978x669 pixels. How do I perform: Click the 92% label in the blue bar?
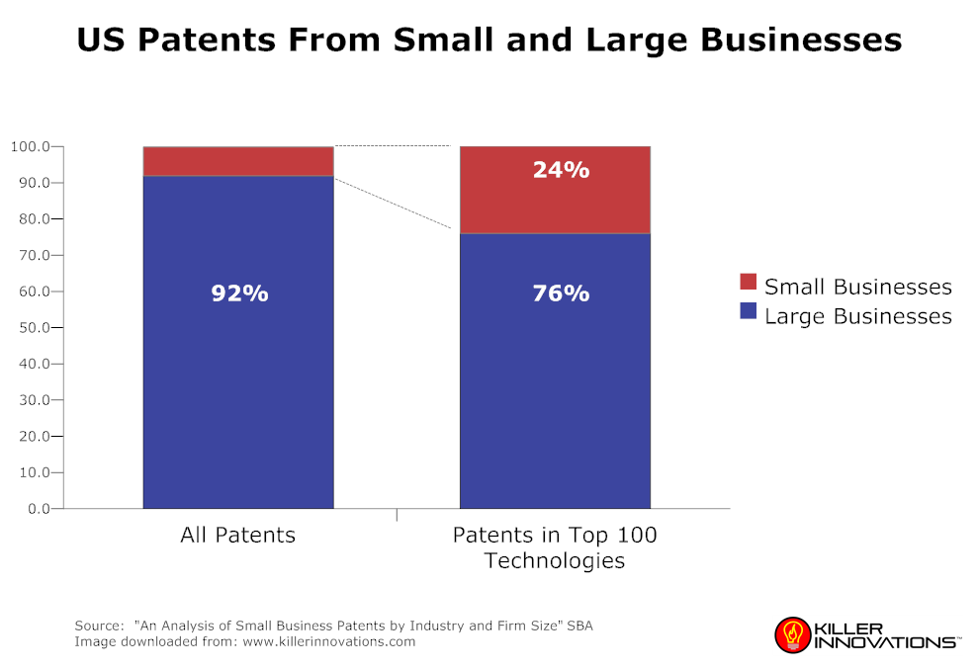tap(239, 293)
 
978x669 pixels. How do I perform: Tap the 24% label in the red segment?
tap(561, 170)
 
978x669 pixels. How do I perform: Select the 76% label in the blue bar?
tap(561, 293)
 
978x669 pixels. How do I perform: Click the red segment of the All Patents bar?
tap(238, 161)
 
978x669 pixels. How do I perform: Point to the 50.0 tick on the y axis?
tap(35, 327)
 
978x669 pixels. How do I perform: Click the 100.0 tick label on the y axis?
tap(31, 147)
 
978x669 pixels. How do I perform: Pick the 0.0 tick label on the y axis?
tap(39, 509)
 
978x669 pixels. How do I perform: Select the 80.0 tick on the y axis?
tap(35, 219)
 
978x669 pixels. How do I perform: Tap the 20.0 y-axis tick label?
tap(35, 436)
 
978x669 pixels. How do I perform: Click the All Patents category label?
tap(238, 536)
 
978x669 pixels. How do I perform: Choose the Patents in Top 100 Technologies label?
tap(555, 547)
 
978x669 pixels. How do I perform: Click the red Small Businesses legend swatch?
tap(748, 284)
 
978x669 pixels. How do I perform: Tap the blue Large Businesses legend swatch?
tap(748, 313)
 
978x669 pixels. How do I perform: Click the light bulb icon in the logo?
tap(790, 633)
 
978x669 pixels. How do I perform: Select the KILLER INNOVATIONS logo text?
tap(884, 634)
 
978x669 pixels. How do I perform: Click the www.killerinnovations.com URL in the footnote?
tap(328, 641)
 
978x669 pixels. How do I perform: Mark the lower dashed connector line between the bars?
tap(393, 203)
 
